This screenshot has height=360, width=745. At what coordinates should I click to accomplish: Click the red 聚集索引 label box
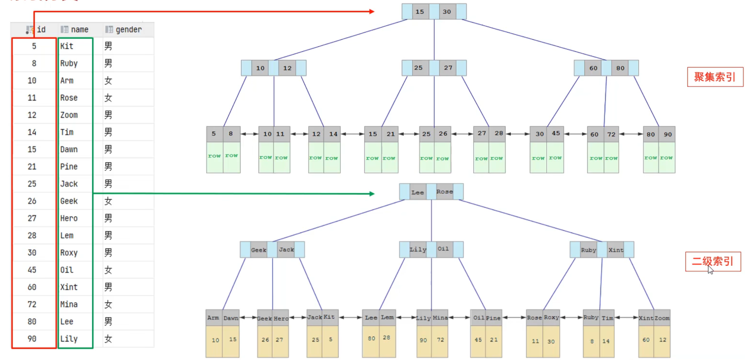point(714,77)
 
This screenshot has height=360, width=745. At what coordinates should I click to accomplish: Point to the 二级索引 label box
point(713,261)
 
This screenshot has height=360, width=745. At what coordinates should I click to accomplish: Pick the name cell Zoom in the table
point(69,115)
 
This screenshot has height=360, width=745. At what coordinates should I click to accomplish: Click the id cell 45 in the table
point(32,270)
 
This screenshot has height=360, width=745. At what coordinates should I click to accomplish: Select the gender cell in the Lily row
point(108,339)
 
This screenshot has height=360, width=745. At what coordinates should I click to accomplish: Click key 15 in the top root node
point(420,12)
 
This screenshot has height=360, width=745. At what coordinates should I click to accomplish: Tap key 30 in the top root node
point(447,12)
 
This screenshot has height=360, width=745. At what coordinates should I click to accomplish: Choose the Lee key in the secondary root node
point(418,192)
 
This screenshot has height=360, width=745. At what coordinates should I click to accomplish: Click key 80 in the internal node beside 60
point(620,68)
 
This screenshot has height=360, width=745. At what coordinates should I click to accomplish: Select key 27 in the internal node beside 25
point(448,68)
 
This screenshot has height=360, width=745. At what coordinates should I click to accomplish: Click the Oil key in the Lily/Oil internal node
point(443,249)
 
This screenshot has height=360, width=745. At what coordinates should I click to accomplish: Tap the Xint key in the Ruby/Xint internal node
point(616,250)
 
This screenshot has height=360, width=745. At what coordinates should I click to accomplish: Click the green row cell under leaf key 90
point(666,158)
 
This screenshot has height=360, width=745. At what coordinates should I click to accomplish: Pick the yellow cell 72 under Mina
point(440,340)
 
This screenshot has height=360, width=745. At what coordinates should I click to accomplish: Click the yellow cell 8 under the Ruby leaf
point(592,341)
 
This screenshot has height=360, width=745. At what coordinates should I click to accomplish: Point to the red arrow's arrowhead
point(372,12)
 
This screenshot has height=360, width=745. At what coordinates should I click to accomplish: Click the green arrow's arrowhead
point(372,194)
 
